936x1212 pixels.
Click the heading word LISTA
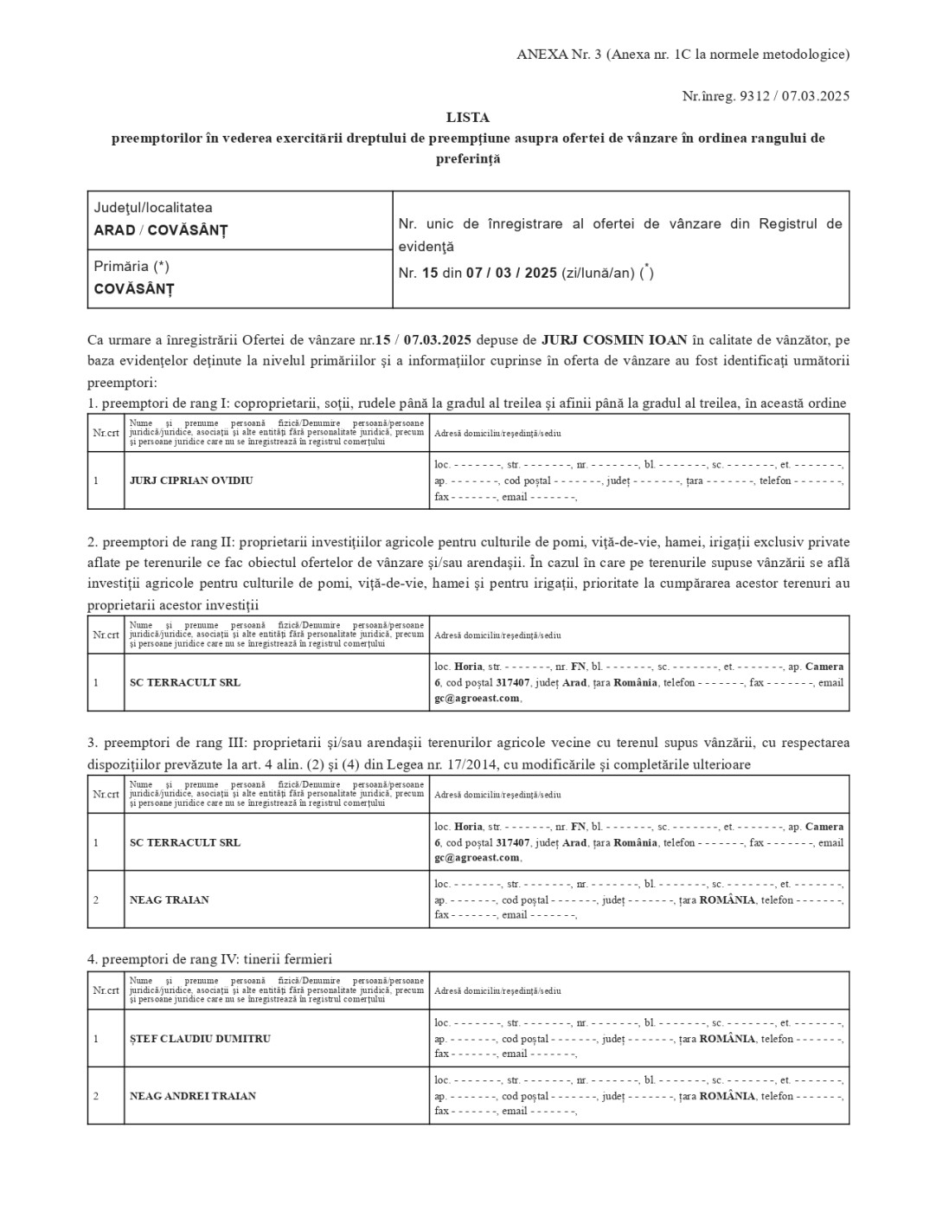pos(467,117)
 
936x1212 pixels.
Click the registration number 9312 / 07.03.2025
pos(795,96)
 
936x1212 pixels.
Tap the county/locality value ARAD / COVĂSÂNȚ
pos(160,230)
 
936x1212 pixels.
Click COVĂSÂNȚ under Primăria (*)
pos(133,289)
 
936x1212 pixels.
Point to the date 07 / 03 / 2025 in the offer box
pos(511,273)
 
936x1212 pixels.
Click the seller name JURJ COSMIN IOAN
pos(602,339)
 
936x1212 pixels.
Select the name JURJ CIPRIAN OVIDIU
pos(191,480)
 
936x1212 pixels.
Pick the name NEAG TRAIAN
pos(170,899)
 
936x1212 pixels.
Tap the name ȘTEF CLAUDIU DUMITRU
pos(200,1039)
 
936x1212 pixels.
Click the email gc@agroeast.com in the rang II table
pos(477,698)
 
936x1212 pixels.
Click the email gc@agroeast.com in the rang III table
pos(477,858)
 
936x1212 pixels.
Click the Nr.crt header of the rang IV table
pos(106,990)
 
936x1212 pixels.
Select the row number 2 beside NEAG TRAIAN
pos(96,899)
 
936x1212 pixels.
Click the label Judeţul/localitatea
pos(153,208)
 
